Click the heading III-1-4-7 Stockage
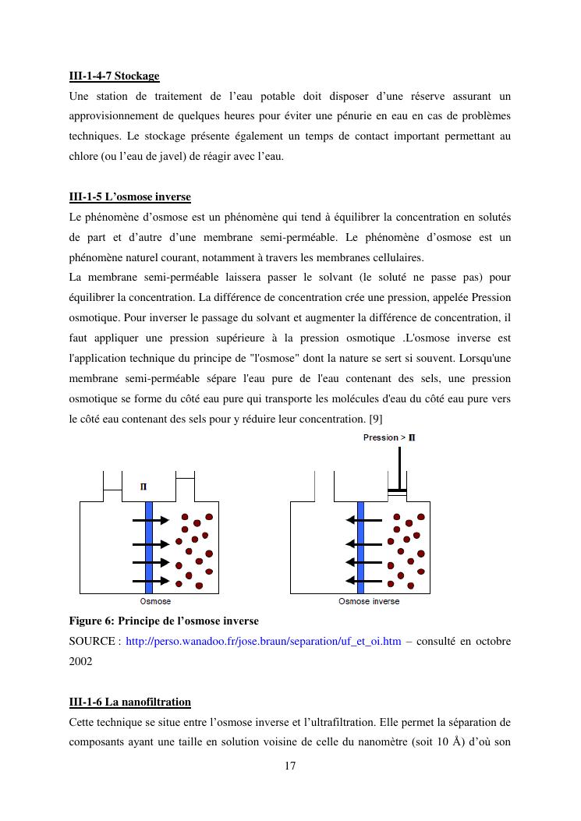point(114,76)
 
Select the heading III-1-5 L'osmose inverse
point(129,196)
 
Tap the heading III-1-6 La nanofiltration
point(129,702)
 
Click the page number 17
point(290,766)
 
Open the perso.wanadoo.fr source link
point(264,641)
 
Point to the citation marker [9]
point(374,419)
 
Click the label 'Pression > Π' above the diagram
point(389,437)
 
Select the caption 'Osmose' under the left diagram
point(155,601)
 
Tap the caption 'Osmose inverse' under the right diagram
point(368,601)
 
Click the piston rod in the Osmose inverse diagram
point(399,467)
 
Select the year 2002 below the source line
point(80,661)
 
